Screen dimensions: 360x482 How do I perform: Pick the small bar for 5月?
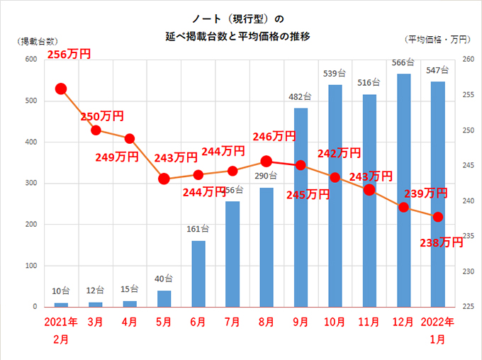(x=164, y=298)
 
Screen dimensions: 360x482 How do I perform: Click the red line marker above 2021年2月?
(x=61, y=89)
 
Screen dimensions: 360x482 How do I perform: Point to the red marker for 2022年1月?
(x=438, y=216)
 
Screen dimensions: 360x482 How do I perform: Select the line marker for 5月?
(x=164, y=179)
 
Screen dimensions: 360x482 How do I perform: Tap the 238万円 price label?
(x=442, y=242)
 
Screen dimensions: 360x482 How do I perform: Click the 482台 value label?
(x=301, y=97)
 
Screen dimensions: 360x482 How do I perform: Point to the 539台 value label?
(x=335, y=73)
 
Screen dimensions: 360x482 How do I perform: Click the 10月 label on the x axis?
(x=335, y=322)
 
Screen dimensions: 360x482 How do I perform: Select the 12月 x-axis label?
(x=403, y=322)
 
